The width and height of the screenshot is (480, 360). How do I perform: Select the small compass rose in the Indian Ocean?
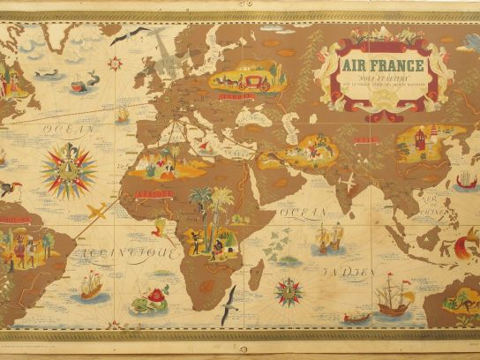[288, 290]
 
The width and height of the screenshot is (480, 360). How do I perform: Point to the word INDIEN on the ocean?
[340, 273]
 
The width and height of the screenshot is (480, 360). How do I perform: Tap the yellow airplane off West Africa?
[98, 211]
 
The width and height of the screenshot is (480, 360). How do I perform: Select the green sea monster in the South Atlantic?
[148, 299]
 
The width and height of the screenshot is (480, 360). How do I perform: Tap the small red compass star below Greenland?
[116, 64]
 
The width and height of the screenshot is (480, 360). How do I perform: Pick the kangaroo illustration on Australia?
[459, 300]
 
